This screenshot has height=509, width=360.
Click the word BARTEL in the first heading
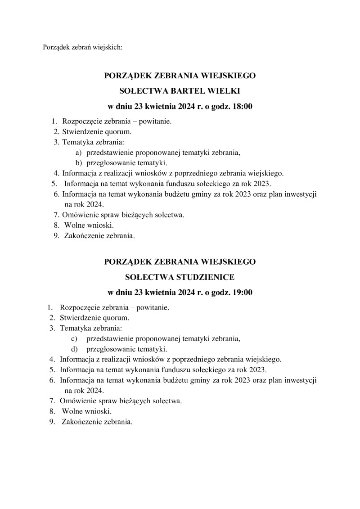(186, 91)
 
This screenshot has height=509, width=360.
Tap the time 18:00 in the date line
(241, 107)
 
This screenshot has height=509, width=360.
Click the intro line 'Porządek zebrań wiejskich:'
(82, 47)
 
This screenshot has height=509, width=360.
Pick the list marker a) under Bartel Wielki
(78, 153)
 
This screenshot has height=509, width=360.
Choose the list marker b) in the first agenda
(78, 163)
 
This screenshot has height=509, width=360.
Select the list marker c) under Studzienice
(74, 338)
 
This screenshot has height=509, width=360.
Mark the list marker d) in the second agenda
(74, 349)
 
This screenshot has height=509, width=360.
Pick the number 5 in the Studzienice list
(52, 370)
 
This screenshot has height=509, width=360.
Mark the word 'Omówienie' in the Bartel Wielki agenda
(78, 215)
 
